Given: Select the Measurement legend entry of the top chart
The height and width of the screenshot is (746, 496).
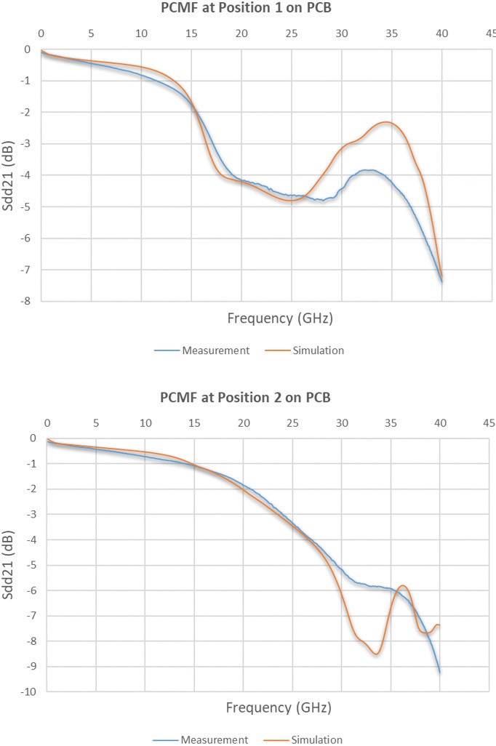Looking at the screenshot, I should click(x=202, y=350).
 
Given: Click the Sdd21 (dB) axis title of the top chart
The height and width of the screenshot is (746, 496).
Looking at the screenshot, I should click(x=9, y=175).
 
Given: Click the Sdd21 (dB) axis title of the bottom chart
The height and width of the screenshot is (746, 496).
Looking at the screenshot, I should click(x=9, y=564).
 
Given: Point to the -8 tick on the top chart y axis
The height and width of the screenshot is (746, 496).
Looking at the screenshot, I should click(x=27, y=301).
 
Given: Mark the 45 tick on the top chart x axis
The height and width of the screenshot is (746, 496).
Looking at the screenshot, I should click(x=492, y=33).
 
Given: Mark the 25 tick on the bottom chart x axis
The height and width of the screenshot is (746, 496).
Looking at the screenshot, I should click(x=292, y=422).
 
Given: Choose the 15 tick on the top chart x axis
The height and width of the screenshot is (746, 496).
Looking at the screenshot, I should click(x=191, y=33).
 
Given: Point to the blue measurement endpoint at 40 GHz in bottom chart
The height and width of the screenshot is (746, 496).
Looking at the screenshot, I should click(x=440, y=672).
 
